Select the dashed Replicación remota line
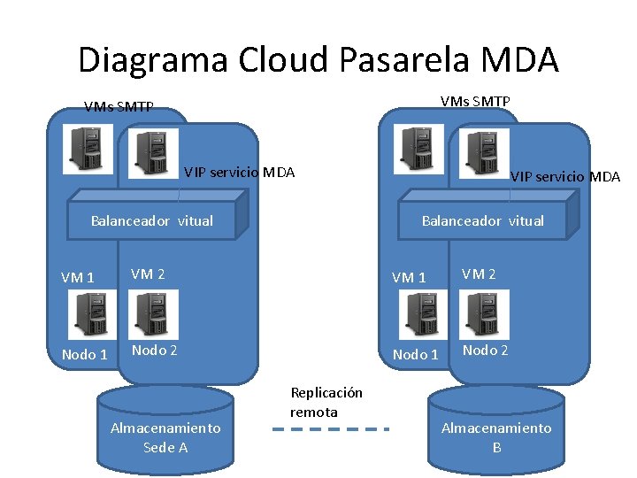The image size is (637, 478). pos(330,429)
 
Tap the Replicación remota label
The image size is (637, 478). pos(326,403)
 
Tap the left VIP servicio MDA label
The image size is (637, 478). pos(239,172)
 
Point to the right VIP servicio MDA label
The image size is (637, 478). pos(565,176)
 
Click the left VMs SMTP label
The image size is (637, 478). pos(119,107)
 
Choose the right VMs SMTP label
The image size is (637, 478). pos(475,101)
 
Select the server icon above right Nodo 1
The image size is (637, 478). pos(418,314)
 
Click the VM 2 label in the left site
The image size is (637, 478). pos(148,274)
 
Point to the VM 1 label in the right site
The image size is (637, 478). pos(409,277)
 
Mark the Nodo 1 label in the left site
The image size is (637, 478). pos(84,355)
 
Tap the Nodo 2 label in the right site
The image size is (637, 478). pos(485,350)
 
